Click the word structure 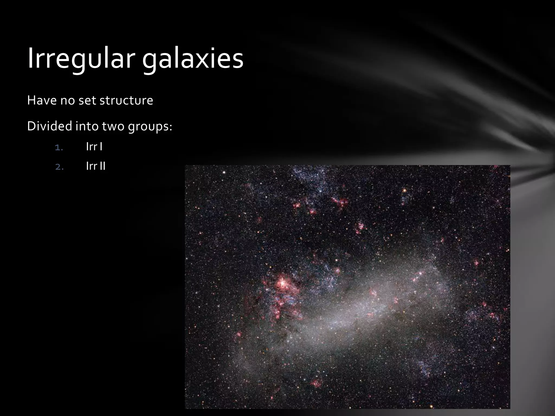click(126, 100)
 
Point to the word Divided click(49, 126)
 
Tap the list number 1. click(59, 148)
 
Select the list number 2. click(59, 167)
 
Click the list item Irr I click(94, 147)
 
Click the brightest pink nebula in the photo click(282, 283)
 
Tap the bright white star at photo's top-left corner click(224, 172)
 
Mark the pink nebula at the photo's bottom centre click(315, 383)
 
